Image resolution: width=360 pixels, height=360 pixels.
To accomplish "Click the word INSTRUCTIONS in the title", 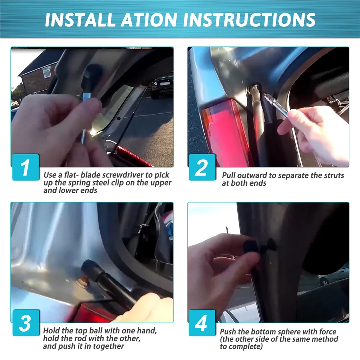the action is click(249, 19).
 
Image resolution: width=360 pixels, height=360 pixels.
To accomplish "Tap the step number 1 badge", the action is click(26, 167).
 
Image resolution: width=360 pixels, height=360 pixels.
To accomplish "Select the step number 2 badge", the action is click(202, 167).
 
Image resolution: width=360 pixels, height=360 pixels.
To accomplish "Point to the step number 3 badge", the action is click(26, 323).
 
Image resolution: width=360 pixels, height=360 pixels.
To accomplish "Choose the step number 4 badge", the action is click(202, 323).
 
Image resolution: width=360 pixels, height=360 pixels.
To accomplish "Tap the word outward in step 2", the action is click(252, 176).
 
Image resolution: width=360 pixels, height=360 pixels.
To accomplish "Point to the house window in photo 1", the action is click(47, 72).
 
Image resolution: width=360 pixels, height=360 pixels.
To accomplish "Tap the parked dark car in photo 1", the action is click(162, 85).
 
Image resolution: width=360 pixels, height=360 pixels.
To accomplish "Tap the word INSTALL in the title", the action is click(80, 19).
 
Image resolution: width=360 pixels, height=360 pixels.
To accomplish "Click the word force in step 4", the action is click(327, 332).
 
